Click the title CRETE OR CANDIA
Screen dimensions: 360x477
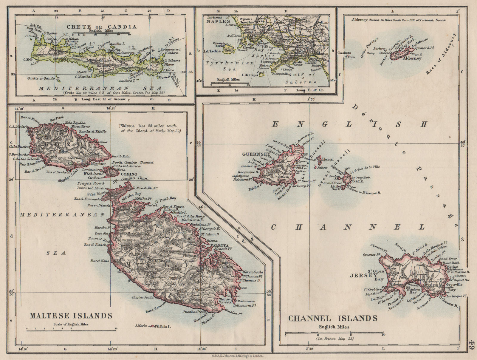pos(101,27)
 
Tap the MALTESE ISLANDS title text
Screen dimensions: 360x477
pos(71,316)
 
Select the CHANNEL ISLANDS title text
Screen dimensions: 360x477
pos(333,318)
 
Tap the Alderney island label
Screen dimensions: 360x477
pos(412,58)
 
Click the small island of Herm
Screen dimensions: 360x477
pos(319,160)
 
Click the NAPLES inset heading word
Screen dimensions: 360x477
pos(217,21)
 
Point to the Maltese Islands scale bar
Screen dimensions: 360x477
pos(71,329)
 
